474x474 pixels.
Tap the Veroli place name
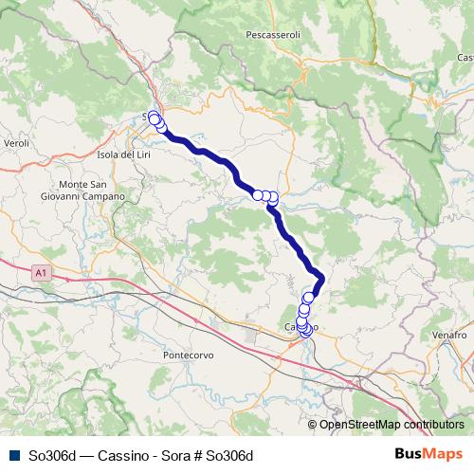click(x=18, y=142)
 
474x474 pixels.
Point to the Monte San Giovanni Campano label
click(x=91, y=190)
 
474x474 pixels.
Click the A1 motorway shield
click(x=39, y=272)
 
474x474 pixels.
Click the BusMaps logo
click(x=429, y=454)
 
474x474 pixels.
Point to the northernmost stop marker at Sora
click(x=154, y=117)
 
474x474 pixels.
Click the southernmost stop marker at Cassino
click(x=305, y=331)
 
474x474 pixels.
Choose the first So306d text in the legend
click(x=50, y=455)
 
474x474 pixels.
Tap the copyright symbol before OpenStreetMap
click(x=313, y=426)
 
